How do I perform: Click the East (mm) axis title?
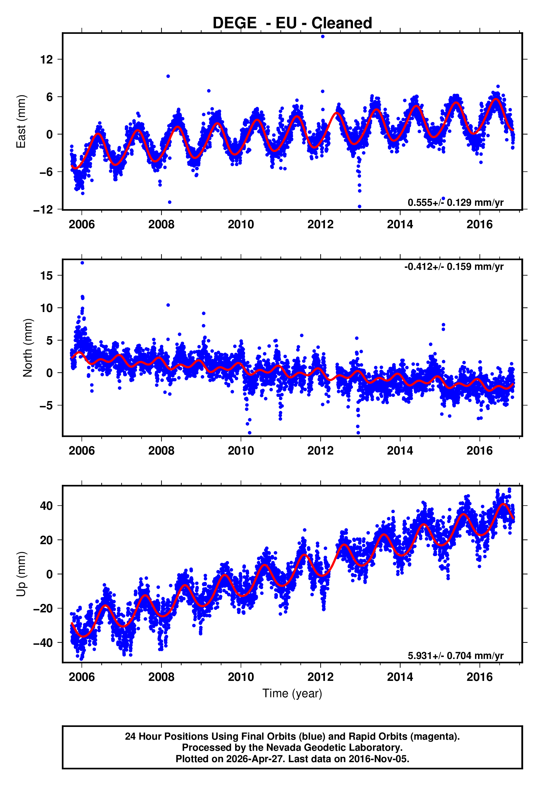(x=21, y=121)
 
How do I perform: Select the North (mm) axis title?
(x=28, y=348)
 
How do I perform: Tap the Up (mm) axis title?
(x=21, y=574)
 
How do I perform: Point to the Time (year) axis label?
(x=292, y=693)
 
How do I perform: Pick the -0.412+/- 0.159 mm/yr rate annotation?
(x=454, y=267)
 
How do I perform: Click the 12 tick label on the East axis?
(x=47, y=60)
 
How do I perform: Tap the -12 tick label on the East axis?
(x=43, y=210)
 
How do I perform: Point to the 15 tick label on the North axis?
(x=47, y=275)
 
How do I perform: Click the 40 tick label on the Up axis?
(x=47, y=506)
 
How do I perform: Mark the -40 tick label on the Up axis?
(x=43, y=643)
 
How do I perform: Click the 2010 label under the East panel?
(x=241, y=224)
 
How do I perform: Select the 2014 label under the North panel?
(x=400, y=451)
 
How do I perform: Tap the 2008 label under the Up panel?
(x=161, y=677)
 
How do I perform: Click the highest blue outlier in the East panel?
(x=322, y=36)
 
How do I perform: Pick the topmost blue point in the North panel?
(x=82, y=263)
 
